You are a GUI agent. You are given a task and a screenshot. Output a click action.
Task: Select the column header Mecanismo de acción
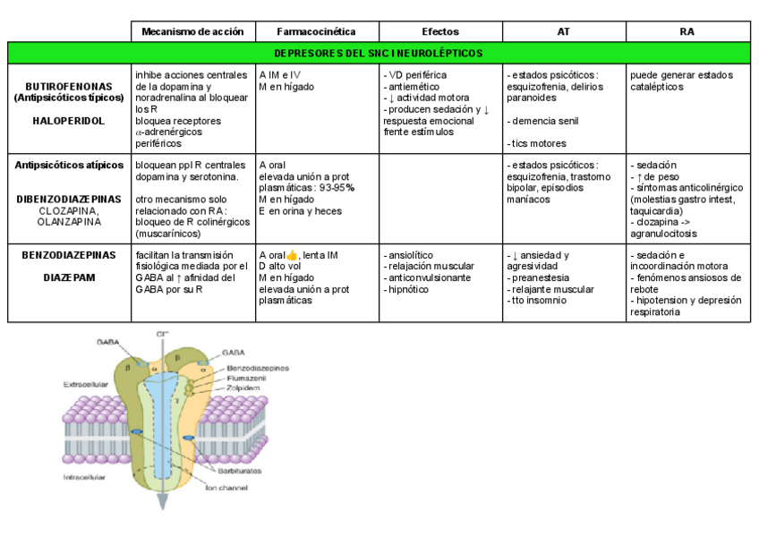[x=192, y=31]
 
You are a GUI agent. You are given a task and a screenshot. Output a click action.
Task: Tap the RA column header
[x=687, y=31]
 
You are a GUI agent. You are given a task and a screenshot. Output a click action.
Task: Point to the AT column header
[x=563, y=31]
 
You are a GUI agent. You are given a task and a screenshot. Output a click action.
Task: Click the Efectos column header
[x=439, y=31]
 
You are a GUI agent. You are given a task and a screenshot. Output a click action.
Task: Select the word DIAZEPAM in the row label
[x=69, y=277]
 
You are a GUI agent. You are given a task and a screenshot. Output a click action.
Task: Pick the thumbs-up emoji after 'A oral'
[x=292, y=255]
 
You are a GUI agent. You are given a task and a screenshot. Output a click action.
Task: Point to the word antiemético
[x=413, y=87]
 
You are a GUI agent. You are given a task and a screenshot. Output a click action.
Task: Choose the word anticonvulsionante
[x=429, y=277]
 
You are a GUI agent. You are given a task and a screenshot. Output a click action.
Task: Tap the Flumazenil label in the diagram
[x=246, y=378]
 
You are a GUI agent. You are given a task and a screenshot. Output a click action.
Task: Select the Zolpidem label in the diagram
[x=243, y=388]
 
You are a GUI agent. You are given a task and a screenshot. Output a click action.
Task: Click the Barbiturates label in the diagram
[x=236, y=469]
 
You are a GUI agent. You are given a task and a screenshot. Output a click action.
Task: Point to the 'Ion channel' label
[x=223, y=487]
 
